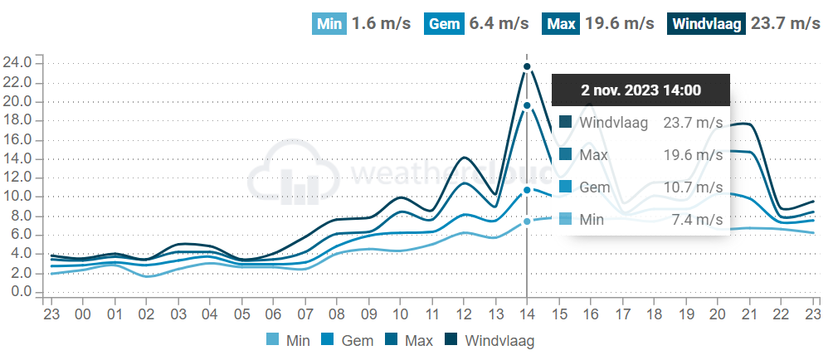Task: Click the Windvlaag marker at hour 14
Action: click(526, 66)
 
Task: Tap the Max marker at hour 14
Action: click(526, 105)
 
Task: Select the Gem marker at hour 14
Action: click(526, 190)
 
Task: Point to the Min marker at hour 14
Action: click(526, 221)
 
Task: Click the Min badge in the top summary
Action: click(330, 23)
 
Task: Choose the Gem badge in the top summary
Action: click(445, 23)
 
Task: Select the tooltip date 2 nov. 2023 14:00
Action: click(641, 90)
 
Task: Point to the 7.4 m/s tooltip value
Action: click(697, 220)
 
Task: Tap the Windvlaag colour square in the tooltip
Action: click(566, 123)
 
